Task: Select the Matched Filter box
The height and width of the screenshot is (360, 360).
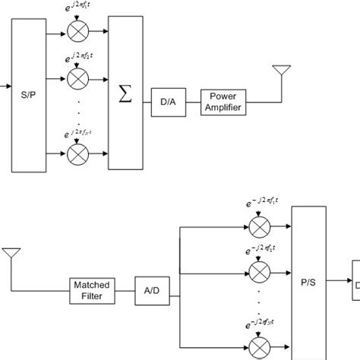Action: pyautogui.click(x=91, y=289)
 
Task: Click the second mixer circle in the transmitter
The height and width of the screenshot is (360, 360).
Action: pyautogui.click(x=77, y=77)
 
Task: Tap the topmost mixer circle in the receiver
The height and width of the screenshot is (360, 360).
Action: pyautogui.click(x=259, y=226)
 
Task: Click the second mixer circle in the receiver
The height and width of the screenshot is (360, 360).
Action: pyautogui.click(x=259, y=269)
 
